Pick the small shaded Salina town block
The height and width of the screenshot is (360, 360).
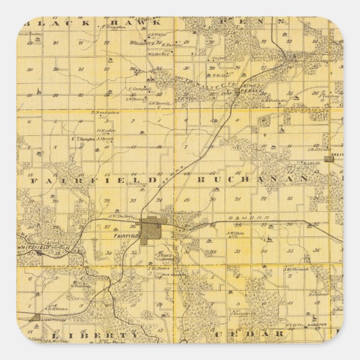coord(329,159)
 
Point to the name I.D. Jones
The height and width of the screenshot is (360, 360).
coord(158,268)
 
